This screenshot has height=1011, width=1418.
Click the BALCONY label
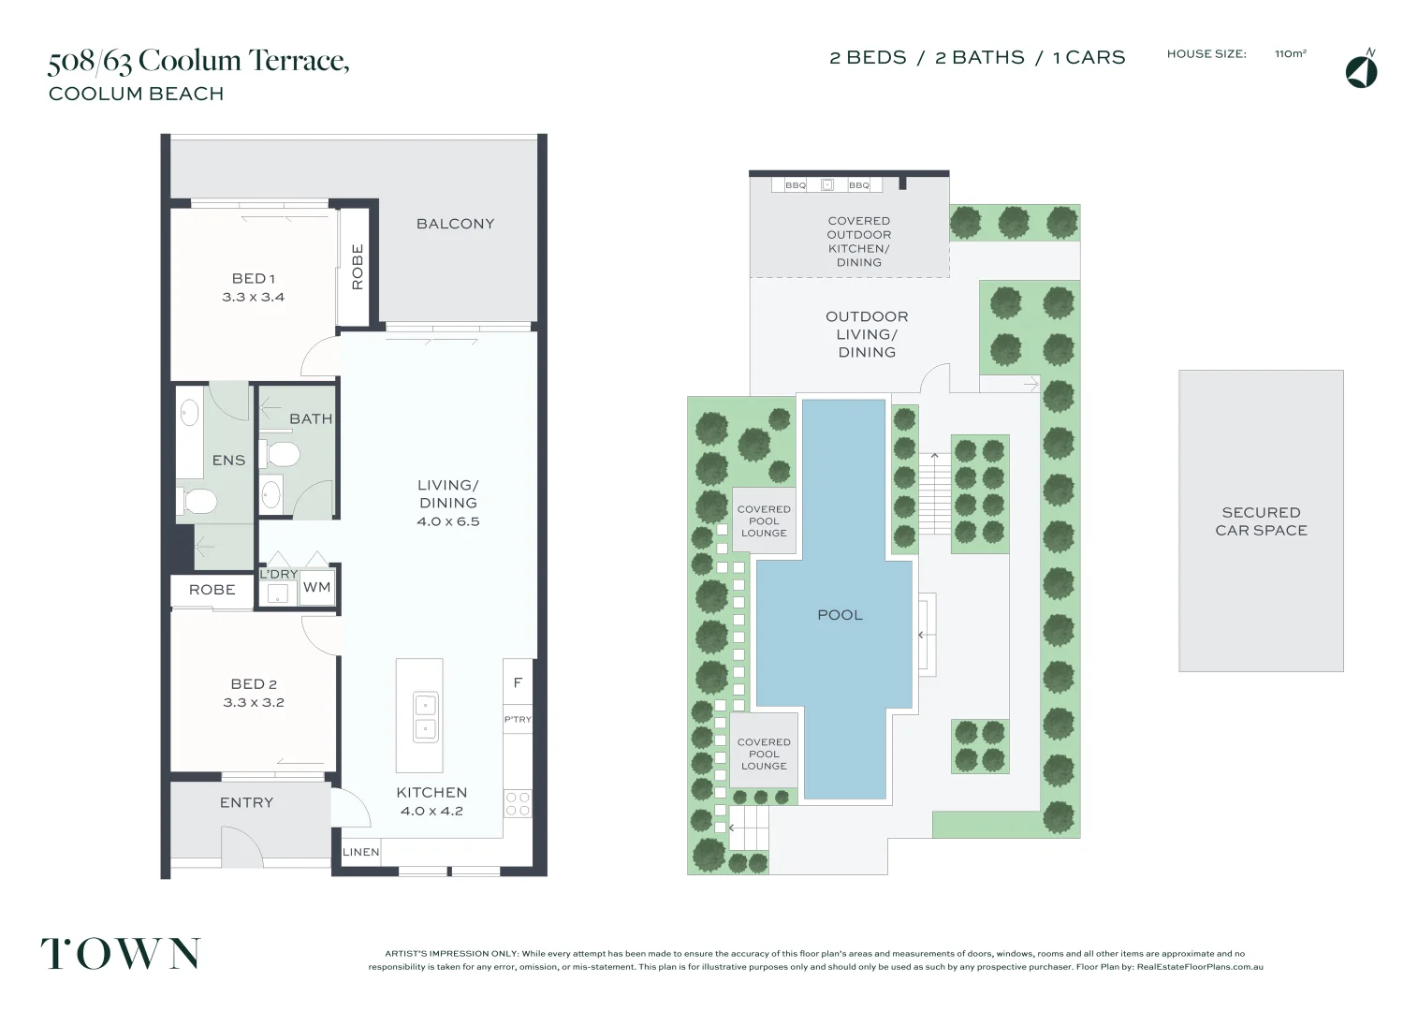tap(455, 224)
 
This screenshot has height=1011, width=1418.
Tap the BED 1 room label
tap(253, 278)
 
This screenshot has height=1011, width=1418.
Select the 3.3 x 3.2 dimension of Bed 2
tap(253, 702)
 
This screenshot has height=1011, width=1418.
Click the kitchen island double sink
tap(425, 717)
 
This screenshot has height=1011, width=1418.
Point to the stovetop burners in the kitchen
tap(518, 803)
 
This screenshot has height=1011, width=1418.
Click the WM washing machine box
tap(316, 588)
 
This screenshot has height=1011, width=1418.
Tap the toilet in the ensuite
tap(197, 502)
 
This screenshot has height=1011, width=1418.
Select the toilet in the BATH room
tap(282, 455)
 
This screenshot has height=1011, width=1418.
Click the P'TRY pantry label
tap(518, 720)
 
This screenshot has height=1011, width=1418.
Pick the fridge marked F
tap(518, 683)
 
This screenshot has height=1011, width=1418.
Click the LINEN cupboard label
tap(360, 852)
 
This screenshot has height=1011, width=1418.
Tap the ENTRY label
tap(246, 802)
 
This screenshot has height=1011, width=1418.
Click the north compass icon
tap(1361, 71)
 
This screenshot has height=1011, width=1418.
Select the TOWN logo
tap(120, 954)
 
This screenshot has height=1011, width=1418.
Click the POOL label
tap(840, 615)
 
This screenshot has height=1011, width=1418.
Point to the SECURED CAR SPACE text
tap(1261, 521)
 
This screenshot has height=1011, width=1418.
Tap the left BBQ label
tap(796, 185)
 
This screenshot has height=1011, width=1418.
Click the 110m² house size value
tap(1290, 54)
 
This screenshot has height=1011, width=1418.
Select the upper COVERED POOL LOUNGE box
tap(764, 520)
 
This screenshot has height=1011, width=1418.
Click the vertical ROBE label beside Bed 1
tap(357, 267)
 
